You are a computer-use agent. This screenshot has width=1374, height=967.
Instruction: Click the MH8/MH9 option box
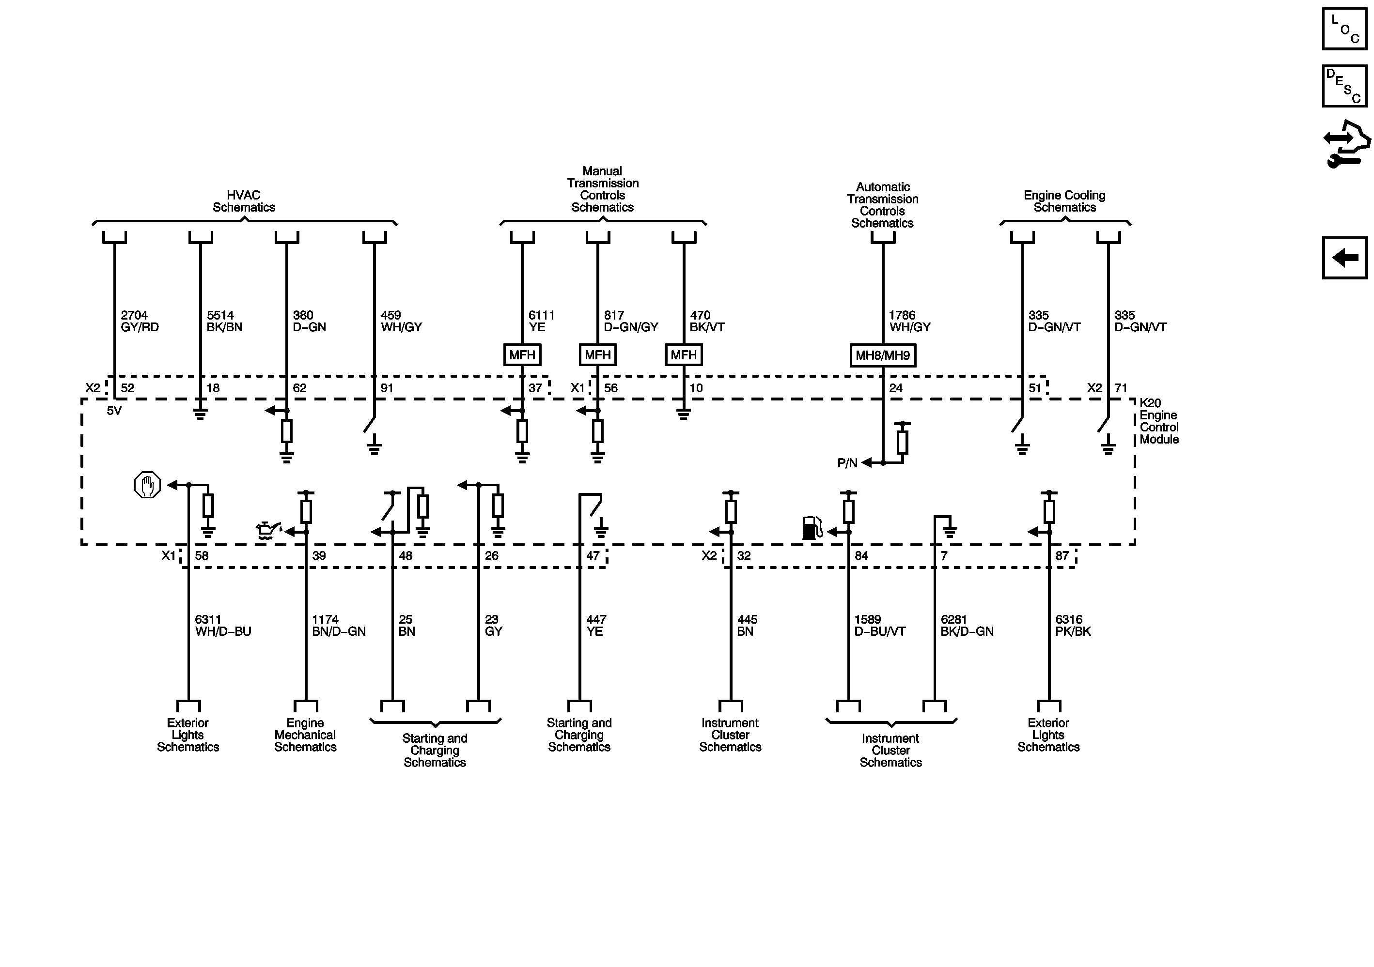click(882, 355)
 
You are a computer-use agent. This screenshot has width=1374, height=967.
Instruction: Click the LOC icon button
click(1344, 29)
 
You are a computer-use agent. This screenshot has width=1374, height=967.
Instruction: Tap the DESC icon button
click(1344, 86)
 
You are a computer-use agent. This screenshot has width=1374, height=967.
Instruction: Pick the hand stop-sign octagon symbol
click(147, 485)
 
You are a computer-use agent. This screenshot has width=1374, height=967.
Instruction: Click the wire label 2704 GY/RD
click(140, 321)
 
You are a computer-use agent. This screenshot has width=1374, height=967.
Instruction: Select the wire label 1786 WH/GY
click(909, 321)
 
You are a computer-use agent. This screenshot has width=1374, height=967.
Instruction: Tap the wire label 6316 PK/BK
click(1072, 626)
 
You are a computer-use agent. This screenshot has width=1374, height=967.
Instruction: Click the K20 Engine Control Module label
click(1158, 421)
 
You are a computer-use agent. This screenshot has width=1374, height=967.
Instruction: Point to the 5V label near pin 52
click(114, 411)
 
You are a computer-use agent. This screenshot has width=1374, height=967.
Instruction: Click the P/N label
click(847, 463)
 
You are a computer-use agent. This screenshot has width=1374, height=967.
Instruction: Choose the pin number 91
click(387, 388)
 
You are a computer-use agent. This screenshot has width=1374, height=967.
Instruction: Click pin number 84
click(861, 555)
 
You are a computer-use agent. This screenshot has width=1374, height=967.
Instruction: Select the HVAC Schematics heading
click(244, 201)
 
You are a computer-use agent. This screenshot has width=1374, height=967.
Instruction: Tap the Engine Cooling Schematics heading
click(1064, 201)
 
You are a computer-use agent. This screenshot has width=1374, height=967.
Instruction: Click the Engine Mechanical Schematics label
click(305, 735)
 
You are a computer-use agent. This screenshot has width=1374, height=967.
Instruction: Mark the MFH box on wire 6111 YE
click(522, 355)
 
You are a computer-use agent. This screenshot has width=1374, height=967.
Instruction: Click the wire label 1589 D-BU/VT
click(879, 626)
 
